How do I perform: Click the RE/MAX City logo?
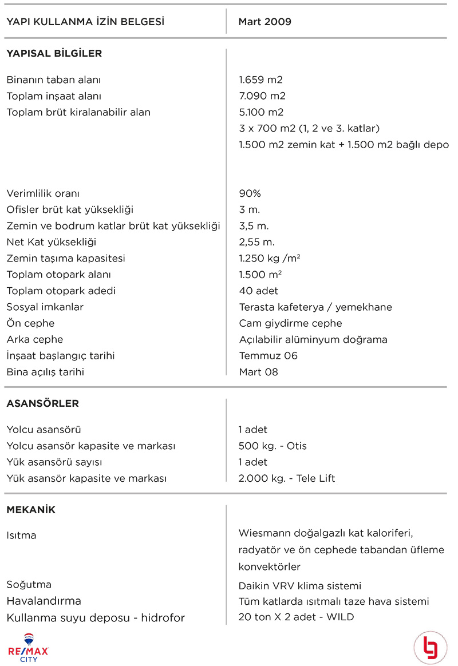29,647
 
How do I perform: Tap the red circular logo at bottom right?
430,648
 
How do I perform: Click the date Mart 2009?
265,22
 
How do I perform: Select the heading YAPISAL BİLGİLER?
54,54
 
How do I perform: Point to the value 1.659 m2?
260,80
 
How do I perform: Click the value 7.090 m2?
262,96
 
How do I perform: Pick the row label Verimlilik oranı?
43,193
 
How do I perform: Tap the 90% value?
250,193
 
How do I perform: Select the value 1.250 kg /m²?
270,258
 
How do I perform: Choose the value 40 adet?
259,291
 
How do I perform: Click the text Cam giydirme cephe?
290,323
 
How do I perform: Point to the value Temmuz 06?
269,355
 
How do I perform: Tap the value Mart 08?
258,372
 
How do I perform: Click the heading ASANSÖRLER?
42,403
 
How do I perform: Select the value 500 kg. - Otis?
273,446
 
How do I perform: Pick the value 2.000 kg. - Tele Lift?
287,478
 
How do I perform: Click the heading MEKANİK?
31,510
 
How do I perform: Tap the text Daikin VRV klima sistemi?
300,585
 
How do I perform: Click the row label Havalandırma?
44,601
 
